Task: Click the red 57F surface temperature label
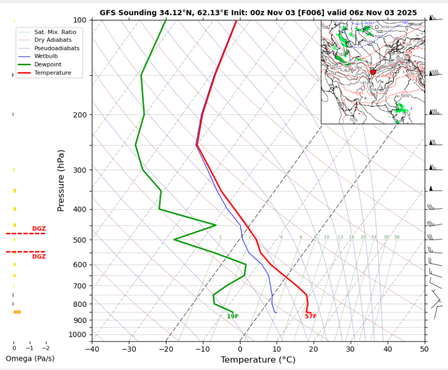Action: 311,317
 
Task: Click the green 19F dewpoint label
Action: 232,317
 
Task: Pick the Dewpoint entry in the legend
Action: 48,64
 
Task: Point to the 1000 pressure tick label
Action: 78,335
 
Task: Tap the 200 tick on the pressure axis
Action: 80,115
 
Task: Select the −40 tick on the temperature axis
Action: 92,349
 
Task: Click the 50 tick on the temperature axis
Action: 425,349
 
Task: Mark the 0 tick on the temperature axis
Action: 240,349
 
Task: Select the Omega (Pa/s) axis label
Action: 30,359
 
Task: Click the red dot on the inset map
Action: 372,72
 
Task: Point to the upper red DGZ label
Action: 39,228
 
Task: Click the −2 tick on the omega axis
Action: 45,348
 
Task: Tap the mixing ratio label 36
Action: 397,237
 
